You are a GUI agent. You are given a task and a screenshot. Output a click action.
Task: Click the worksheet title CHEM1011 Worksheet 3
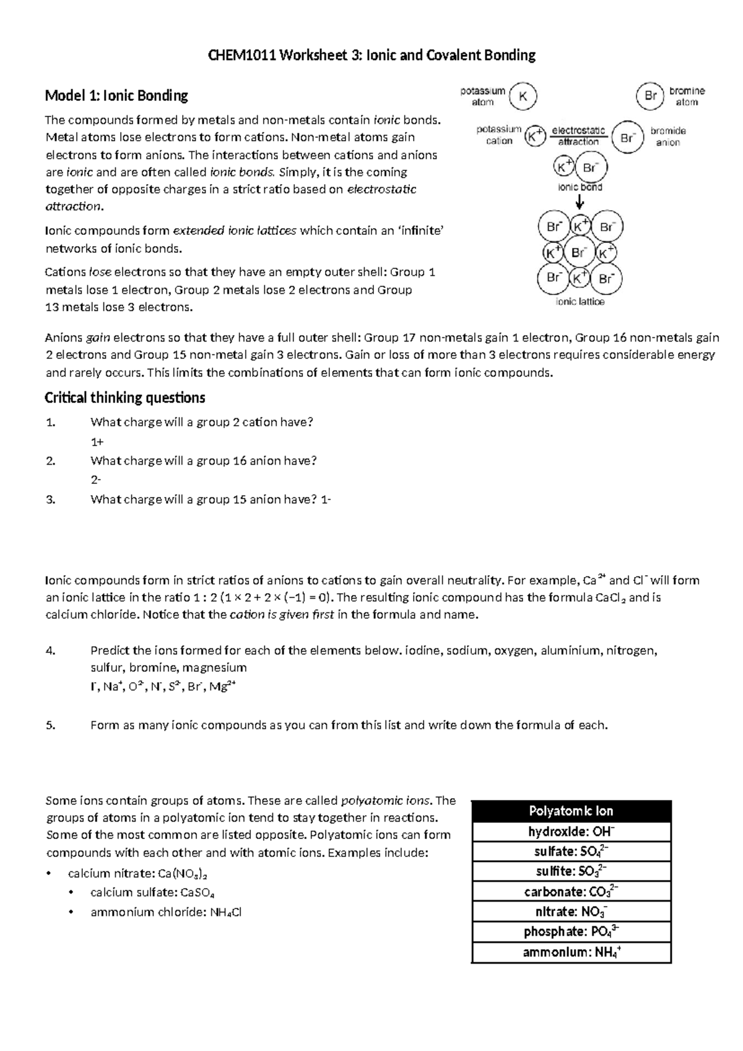click(371, 56)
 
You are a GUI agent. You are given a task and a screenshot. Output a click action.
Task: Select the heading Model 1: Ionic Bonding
click(116, 96)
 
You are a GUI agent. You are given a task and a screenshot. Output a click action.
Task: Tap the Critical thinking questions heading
click(125, 398)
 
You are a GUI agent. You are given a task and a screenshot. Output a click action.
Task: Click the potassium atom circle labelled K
click(523, 97)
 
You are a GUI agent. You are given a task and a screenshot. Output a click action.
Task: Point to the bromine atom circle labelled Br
click(650, 97)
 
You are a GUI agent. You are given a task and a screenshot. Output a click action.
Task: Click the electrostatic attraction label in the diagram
click(578, 136)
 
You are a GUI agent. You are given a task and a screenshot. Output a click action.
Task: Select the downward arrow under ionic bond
click(580, 202)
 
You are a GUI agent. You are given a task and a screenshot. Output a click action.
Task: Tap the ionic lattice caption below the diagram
click(580, 302)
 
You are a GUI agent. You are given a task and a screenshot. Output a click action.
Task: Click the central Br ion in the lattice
click(579, 253)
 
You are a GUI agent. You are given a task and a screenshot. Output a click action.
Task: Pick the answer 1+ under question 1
click(97, 442)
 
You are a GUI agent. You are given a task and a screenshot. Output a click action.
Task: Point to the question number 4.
click(51, 651)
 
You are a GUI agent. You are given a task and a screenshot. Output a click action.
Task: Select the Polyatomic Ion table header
click(571, 811)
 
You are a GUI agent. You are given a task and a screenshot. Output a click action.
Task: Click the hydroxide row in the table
click(571, 832)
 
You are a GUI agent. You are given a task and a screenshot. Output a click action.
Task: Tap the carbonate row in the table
click(571, 892)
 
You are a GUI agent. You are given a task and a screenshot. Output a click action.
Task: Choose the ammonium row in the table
click(571, 952)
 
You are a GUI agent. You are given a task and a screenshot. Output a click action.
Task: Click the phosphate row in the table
click(571, 932)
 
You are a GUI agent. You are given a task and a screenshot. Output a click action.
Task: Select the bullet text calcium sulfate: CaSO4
click(152, 893)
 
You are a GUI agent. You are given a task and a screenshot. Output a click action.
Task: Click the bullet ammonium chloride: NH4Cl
click(165, 913)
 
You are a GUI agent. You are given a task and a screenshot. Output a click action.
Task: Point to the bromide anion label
click(667, 137)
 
